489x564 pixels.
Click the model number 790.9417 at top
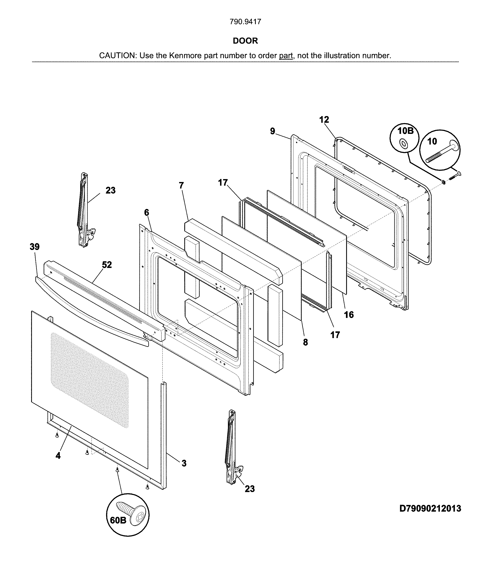tap(245, 22)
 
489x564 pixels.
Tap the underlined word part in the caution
tap(286, 56)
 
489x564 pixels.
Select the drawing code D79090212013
tap(430, 508)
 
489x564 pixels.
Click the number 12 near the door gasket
tap(324, 120)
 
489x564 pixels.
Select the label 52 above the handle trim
tap(107, 265)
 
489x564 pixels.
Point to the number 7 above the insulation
tap(181, 185)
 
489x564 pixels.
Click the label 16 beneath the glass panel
tap(349, 315)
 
